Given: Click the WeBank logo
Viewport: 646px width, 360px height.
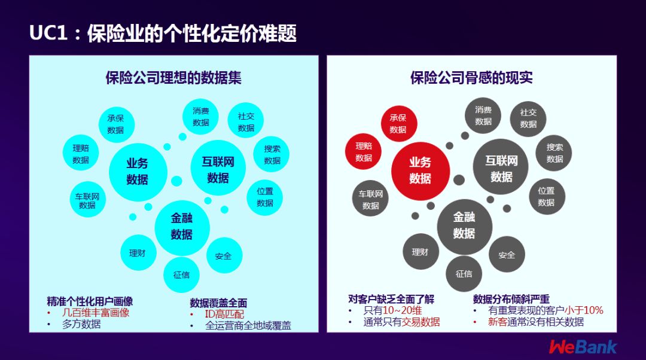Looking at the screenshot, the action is click(583, 346).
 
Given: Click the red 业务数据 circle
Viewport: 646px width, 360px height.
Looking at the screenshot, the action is click(420, 170).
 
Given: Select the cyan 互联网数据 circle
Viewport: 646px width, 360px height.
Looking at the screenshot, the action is click(218, 170).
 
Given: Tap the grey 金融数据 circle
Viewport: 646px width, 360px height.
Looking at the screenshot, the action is click(464, 225).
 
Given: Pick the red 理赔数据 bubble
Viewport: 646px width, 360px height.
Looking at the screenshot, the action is click(364, 151).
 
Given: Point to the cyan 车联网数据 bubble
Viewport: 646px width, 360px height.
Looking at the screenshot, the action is click(87, 200).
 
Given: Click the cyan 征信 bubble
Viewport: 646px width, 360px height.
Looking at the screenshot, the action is click(181, 275).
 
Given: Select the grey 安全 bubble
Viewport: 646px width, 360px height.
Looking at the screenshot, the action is click(507, 255).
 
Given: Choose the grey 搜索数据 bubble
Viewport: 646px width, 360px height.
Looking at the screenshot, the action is click(554, 153).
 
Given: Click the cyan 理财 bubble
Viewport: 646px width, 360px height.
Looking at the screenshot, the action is click(138, 253).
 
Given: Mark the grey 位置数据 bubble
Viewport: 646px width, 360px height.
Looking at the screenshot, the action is click(546, 197).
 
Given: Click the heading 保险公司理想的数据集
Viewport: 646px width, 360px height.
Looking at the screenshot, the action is click(173, 78).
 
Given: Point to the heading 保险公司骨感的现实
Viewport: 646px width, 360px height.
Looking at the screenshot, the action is click(471, 78).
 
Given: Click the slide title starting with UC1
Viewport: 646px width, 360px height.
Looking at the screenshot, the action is click(163, 33).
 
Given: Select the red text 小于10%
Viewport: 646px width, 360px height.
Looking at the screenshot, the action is click(584, 310).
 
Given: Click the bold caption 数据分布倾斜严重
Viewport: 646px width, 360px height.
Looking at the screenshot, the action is click(511, 299).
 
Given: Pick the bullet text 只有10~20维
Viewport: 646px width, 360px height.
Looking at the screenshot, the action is click(392, 311).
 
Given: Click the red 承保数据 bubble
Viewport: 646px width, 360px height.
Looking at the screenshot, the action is click(398, 123).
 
